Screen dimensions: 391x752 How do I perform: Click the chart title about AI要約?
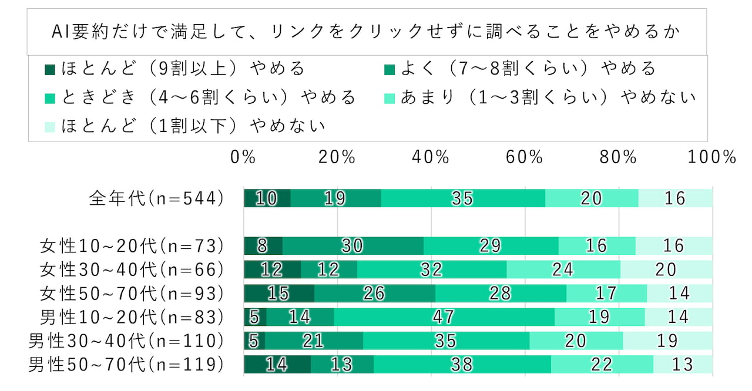(367, 32)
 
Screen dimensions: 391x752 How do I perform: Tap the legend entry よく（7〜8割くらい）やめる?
(519, 69)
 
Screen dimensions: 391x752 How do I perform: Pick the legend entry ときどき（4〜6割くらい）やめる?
(200, 97)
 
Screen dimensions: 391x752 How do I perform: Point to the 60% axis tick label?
(524, 157)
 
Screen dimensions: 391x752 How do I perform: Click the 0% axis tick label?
(243, 157)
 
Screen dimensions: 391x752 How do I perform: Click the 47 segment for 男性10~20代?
(444, 317)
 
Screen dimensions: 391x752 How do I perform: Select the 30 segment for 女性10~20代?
(352, 245)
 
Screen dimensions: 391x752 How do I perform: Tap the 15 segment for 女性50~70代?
(279, 293)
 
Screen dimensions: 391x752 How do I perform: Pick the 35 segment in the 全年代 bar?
(462, 198)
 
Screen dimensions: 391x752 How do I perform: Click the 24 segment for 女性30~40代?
(563, 269)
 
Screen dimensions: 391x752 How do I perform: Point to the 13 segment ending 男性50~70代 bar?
(683, 365)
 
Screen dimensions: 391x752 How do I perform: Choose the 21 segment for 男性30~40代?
(314, 341)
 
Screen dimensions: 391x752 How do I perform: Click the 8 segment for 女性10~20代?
(263, 245)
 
